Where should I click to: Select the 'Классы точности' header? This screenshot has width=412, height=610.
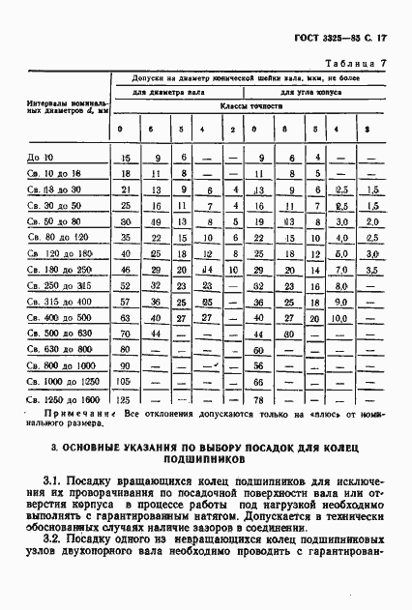[x=250, y=107]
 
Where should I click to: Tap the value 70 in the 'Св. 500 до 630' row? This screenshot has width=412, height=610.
[x=124, y=333]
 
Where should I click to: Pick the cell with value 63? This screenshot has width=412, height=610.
[x=124, y=316]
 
